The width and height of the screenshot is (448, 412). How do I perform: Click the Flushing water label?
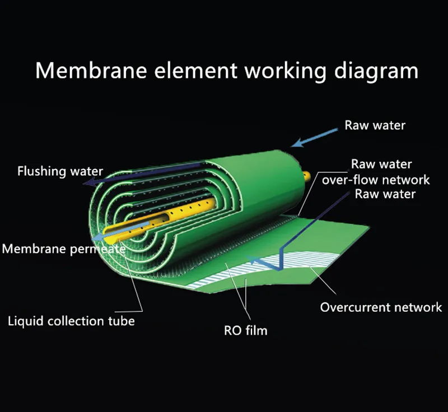60,171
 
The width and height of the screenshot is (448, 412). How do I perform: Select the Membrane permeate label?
63,249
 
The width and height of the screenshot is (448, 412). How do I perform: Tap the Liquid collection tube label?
71,321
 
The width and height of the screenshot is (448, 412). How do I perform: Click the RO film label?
245,330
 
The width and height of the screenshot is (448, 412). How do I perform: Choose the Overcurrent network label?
381,307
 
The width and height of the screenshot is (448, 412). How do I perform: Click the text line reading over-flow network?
376,180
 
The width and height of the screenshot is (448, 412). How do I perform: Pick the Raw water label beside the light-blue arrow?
375,125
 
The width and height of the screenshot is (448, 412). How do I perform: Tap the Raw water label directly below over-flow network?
385,194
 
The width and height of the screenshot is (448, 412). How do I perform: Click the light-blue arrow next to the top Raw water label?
315,137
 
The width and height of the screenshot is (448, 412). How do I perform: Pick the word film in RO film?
256,330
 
